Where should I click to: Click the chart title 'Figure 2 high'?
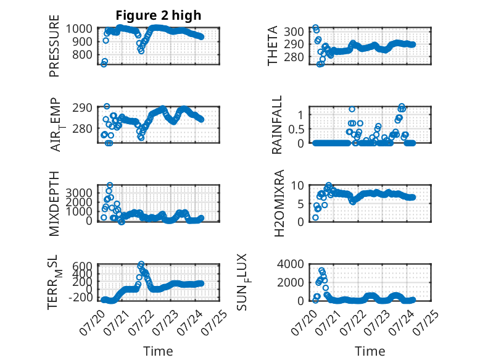click(159, 15)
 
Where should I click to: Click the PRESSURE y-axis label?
click(54, 46)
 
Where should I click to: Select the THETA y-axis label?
click(272, 46)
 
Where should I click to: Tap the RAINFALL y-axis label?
click(276, 125)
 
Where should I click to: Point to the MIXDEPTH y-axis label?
click(54, 204)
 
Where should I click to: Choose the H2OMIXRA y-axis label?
click(279, 203)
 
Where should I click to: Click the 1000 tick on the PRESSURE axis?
click(79, 29)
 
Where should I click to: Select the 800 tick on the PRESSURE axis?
click(82, 55)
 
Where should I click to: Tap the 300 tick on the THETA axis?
click(294, 31)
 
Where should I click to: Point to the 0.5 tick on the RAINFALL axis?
click(296, 129)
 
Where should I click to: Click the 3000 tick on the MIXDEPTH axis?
click(79, 193)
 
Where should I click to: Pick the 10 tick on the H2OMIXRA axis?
click(297, 185)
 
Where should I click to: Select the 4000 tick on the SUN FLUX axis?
click(291, 264)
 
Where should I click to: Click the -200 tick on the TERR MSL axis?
click(80, 298)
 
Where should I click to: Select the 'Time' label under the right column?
click(370, 351)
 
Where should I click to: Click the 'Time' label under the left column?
click(159, 351)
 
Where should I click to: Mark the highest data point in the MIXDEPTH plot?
click(110, 185)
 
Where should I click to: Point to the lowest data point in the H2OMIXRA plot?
click(315, 217)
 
